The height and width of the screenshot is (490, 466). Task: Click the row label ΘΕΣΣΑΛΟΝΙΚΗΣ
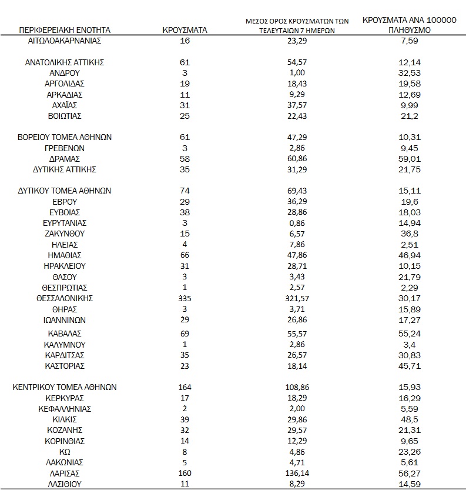[65, 299]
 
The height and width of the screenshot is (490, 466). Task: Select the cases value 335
[186, 299]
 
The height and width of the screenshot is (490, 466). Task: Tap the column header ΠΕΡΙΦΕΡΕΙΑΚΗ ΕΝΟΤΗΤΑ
[65, 29]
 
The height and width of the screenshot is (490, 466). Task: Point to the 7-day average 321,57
[297, 299]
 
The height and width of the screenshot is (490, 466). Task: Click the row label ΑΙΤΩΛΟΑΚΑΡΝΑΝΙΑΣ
[65, 41]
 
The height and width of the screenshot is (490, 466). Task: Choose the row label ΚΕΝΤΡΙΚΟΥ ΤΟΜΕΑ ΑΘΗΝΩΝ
[65, 388]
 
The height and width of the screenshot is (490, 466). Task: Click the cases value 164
[186, 388]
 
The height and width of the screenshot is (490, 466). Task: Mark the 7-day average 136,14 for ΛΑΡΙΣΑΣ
[297, 474]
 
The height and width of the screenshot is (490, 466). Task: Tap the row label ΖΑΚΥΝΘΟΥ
[65, 234]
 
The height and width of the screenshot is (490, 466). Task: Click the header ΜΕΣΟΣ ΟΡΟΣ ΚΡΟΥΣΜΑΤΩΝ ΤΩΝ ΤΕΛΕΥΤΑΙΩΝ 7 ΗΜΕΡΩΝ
[297, 25]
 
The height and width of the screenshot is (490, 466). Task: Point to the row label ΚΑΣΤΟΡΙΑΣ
[65, 366]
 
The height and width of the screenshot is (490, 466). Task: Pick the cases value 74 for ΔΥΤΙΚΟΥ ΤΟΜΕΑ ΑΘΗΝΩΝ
[186, 191]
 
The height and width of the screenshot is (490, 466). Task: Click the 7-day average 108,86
[297, 388]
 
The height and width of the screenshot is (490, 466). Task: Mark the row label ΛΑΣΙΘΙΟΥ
[65, 484]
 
